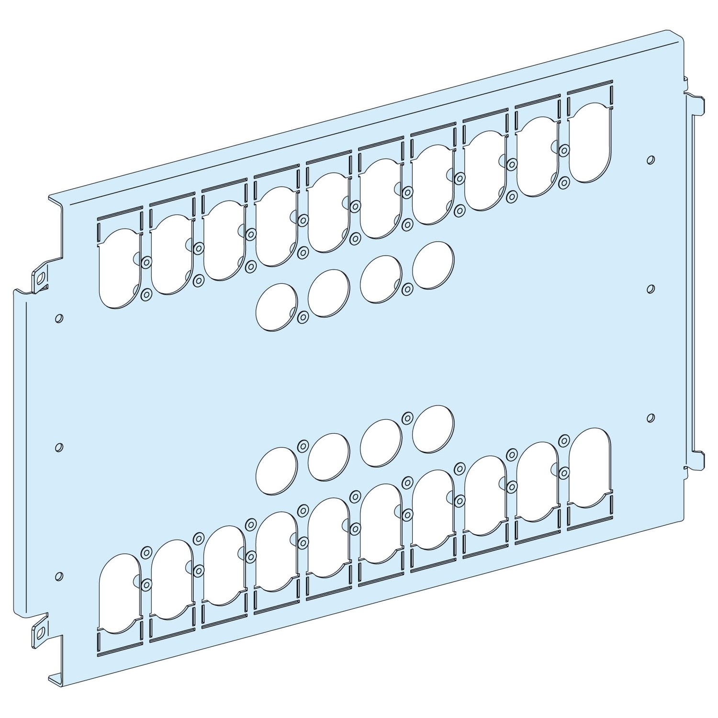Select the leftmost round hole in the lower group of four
click(x=277, y=471)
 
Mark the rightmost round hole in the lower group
click(x=433, y=429)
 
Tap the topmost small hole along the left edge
click(x=59, y=318)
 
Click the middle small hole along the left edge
click(x=59, y=447)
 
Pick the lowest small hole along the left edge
click(x=59, y=576)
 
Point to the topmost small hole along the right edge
click(x=650, y=160)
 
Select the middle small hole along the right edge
click(x=650, y=289)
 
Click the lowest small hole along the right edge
click(x=650, y=418)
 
